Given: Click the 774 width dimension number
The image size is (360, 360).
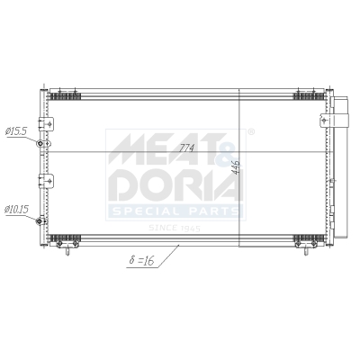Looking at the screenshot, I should pos(188,147).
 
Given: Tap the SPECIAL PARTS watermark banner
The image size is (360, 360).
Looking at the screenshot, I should pos(175,212).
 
